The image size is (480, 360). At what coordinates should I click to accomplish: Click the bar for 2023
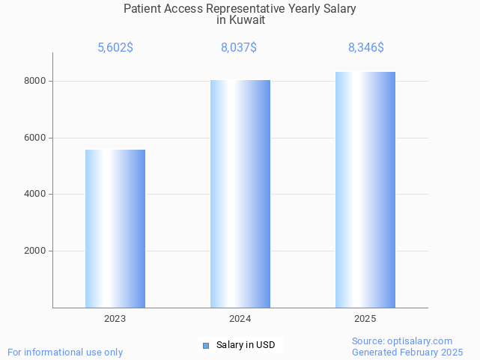click(x=115, y=228)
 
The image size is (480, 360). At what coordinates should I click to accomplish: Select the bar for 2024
click(x=240, y=194)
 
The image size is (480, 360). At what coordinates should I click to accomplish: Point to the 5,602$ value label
click(x=115, y=48)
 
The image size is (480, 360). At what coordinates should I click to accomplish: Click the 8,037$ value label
click(x=239, y=48)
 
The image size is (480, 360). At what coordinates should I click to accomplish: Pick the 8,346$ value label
click(x=366, y=48)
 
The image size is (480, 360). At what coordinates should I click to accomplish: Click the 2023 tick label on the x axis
click(x=115, y=319)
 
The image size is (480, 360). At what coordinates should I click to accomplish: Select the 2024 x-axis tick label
click(x=240, y=319)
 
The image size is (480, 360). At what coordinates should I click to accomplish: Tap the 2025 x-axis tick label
click(x=365, y=319)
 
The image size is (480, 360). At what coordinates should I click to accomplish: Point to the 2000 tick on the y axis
click(x=34, y=251)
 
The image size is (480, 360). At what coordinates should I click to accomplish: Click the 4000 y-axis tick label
click(x=34, y=195)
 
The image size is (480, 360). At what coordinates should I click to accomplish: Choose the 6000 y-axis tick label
click(x=34, y=138)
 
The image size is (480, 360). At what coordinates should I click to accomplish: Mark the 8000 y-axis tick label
click(x=34, y=81)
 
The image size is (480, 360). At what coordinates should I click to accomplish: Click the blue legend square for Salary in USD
click(x=207, y=345)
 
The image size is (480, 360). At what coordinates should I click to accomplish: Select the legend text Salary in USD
click(x=246, y=345)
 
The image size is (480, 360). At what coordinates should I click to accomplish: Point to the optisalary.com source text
click(x=402, y=341)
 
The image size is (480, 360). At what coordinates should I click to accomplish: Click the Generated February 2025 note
click(x=407, y=352)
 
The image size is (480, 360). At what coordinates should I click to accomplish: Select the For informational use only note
click(x=65, y=352)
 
